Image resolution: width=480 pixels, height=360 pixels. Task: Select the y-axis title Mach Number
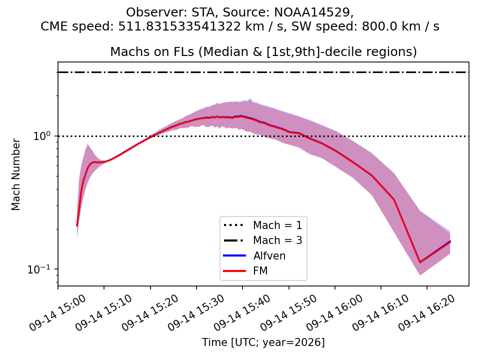(x=15, y=174)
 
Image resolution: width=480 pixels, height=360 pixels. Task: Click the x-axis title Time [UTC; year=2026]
(x=263, y=342)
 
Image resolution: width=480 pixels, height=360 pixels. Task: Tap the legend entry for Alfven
(x=269, y=255)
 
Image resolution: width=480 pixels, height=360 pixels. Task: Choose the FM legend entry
(x=260, y=270)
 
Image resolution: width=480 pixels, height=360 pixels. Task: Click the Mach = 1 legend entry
(x=277, y=225)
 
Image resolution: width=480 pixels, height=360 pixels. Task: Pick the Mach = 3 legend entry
(x=277, y=240)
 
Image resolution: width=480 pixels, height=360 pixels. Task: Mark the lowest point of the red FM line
(x=420, y=262)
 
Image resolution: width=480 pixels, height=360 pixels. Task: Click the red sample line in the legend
(x=234, y=271)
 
